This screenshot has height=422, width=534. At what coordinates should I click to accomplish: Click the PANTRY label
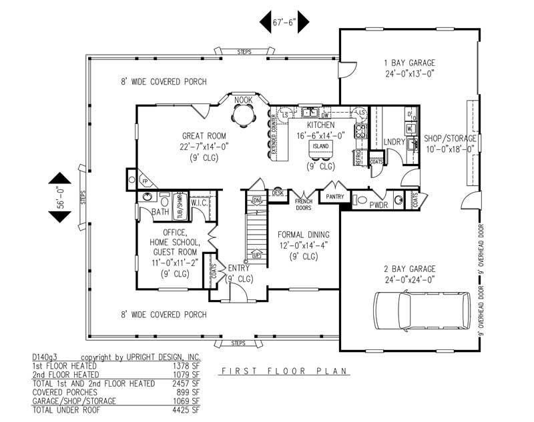point(335,197)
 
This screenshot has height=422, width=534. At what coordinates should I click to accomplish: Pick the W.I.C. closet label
point(201,202)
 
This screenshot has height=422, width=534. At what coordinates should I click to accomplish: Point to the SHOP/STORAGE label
point(451,138)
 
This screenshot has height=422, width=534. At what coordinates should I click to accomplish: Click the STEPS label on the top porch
point(239,52)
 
